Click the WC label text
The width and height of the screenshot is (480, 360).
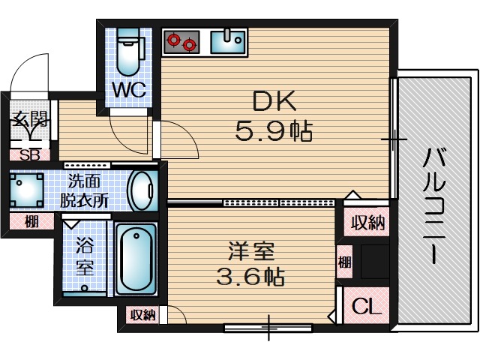click(129, 90)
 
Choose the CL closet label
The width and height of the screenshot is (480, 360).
click(367, 306)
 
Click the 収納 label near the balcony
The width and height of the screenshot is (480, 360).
click(367, 222)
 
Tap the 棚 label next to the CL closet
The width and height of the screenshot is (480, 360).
click(343, 262)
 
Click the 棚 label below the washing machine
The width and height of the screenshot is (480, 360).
click(31, 221)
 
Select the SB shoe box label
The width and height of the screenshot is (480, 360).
click(30, 156)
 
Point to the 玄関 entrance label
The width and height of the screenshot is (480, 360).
click(29, 120)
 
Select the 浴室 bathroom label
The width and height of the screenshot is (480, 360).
click(84, 256)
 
